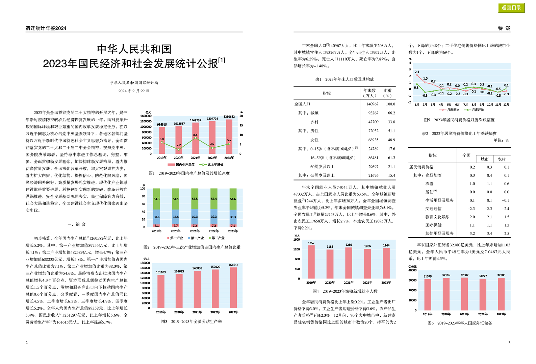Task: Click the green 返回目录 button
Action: [x=511, y=8]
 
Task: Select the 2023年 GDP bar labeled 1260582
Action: [x=229, y=137]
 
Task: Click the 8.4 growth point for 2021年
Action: [x=196, y=138]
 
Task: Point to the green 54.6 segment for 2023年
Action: [x=233, y=199]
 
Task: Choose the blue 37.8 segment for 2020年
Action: [x=176, y=217]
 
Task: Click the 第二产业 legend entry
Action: [x=196, y=238]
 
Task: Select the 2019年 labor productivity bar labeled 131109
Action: [x=161, y=291]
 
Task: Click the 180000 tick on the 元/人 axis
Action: [x=145, y=263]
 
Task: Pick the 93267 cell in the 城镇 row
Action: [x=373, y=113]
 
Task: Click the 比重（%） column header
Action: [x=387, y=93]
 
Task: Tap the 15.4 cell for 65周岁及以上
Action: [x=391, y=175]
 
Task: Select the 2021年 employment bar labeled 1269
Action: [x=349, y=263]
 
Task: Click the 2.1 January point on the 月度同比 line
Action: [x=417, y=75]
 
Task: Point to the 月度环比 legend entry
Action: [x=474, y=110]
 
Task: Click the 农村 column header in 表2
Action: [x=502, y=159]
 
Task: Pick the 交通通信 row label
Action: [x=433, y=209]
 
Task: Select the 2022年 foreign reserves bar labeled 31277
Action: [x=483, y=295]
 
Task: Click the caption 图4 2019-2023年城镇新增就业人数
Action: [x=345, y=291]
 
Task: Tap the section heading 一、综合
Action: [x=77, y=224]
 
